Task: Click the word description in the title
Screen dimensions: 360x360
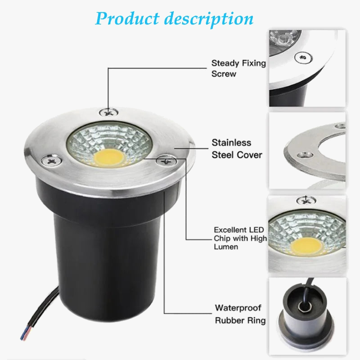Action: pos(208,19)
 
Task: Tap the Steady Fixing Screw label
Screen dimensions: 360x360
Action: pos(238,68)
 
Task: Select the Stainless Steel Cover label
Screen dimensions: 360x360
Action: pos(237,148)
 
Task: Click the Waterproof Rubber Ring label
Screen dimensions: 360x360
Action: pos(240,314)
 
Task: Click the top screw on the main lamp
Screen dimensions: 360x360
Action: pos(109,111)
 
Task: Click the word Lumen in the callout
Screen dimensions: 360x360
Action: pos(226,247)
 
